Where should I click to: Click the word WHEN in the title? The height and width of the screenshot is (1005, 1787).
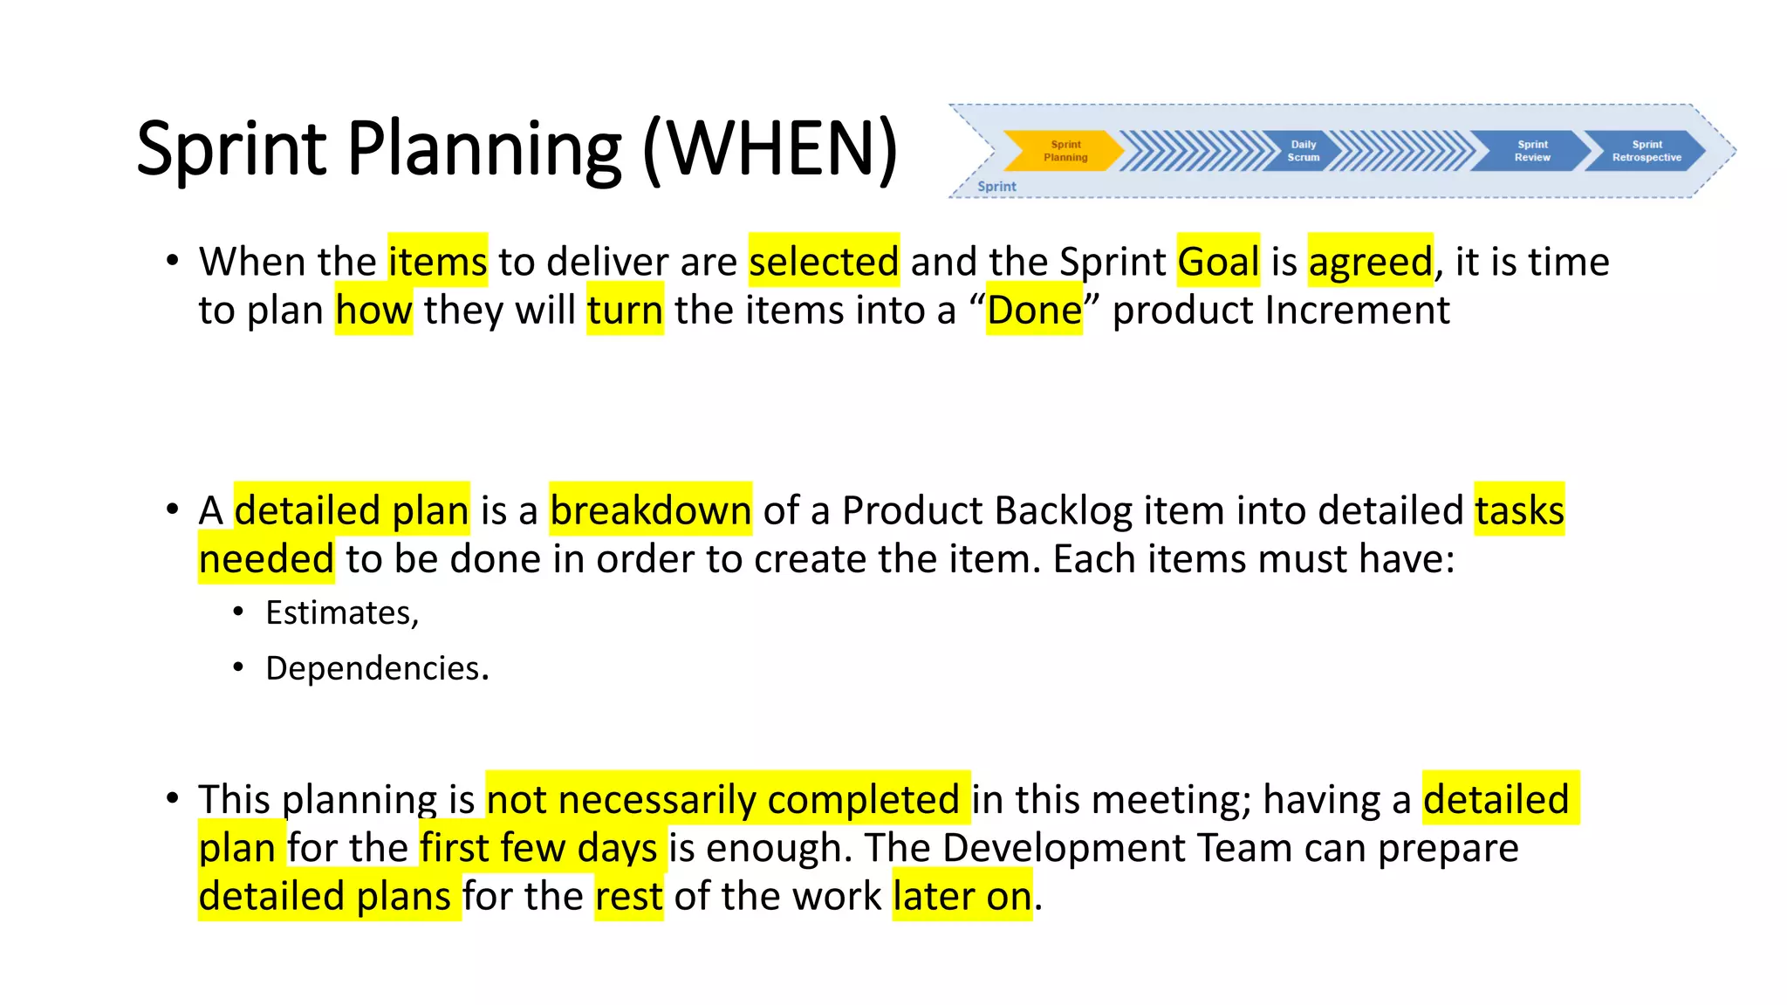770,148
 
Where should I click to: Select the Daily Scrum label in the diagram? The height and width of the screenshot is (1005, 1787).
1303,151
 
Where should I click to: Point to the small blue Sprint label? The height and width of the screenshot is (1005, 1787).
996,186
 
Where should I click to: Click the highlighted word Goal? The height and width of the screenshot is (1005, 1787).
1218,261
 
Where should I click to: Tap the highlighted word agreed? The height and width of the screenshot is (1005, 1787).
1370,261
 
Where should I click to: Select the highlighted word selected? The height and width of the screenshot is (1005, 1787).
824,261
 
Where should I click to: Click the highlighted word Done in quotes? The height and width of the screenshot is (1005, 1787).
1034,310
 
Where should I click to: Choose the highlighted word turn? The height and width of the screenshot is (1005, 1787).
625,310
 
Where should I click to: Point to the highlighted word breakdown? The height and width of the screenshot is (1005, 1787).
650,509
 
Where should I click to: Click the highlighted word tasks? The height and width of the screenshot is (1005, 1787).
1519,509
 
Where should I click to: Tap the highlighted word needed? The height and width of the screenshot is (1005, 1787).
266,558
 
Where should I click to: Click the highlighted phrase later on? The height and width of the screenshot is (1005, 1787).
962,896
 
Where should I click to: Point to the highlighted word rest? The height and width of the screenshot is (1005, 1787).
628,896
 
